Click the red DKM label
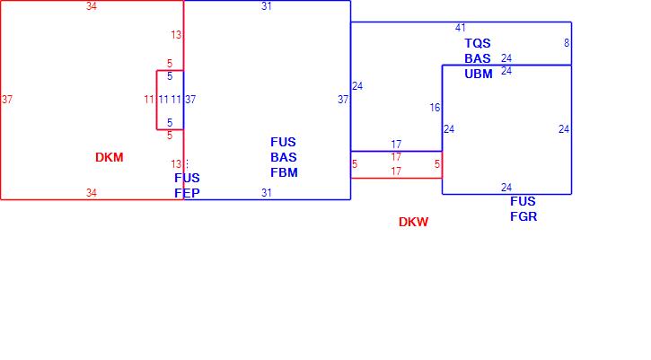tap(109, 157)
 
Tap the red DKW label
tap(413, 222)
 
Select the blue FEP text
tap(187, 193)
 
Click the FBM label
tap(284, 172)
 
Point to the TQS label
tap(478, 43)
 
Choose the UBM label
tap(479, 74)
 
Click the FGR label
tap(523, 215)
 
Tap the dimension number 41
tap(461, 28)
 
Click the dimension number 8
tap(567, 42)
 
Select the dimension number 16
tap(435, 108)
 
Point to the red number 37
tap(7, 99)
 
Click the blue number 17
tap(396, 144)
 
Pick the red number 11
tap(149, 99)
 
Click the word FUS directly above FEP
tap(187, 178)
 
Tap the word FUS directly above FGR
tap(523, 201)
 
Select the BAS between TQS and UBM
tap(478, 58)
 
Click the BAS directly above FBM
tap(284, 157)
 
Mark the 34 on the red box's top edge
tap(92, 6)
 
